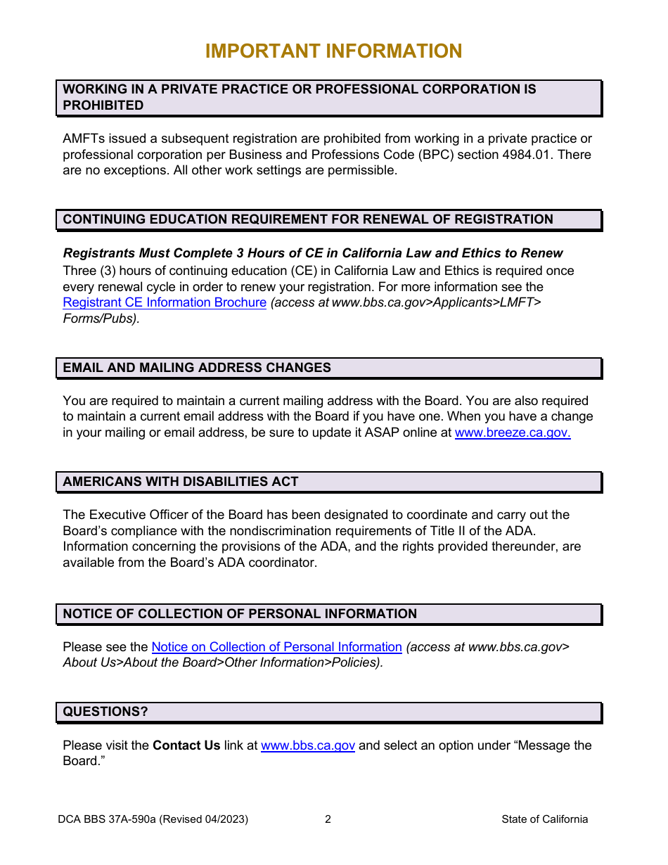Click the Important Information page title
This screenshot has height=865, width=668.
click(x=333, y=51)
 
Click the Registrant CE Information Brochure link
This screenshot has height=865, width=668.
click(x=164, y=302)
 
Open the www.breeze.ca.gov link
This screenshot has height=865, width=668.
click(x=512, y=433)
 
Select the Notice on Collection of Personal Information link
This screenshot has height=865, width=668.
click(x=276, y=647)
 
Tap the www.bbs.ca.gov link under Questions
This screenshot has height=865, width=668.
click(x=307, y=745)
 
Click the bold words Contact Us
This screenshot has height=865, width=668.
click(x=186, y=745)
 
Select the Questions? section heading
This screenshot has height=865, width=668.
click(x=105, y=712)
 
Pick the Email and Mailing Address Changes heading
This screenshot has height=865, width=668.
click(x=197, y=368)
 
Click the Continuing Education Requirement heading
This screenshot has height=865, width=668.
click(x=308, y=219)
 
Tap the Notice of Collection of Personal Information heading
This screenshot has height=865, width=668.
click(x=240, y=614)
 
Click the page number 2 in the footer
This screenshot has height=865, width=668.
click(x=328, y=819)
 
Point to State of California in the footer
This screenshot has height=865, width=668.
click(x=544, y=819)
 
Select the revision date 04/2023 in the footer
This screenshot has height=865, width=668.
click(x=225, y=819)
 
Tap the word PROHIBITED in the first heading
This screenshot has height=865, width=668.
click(x=103, y=105)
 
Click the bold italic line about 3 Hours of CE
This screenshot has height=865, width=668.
click(x=313, y=253)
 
